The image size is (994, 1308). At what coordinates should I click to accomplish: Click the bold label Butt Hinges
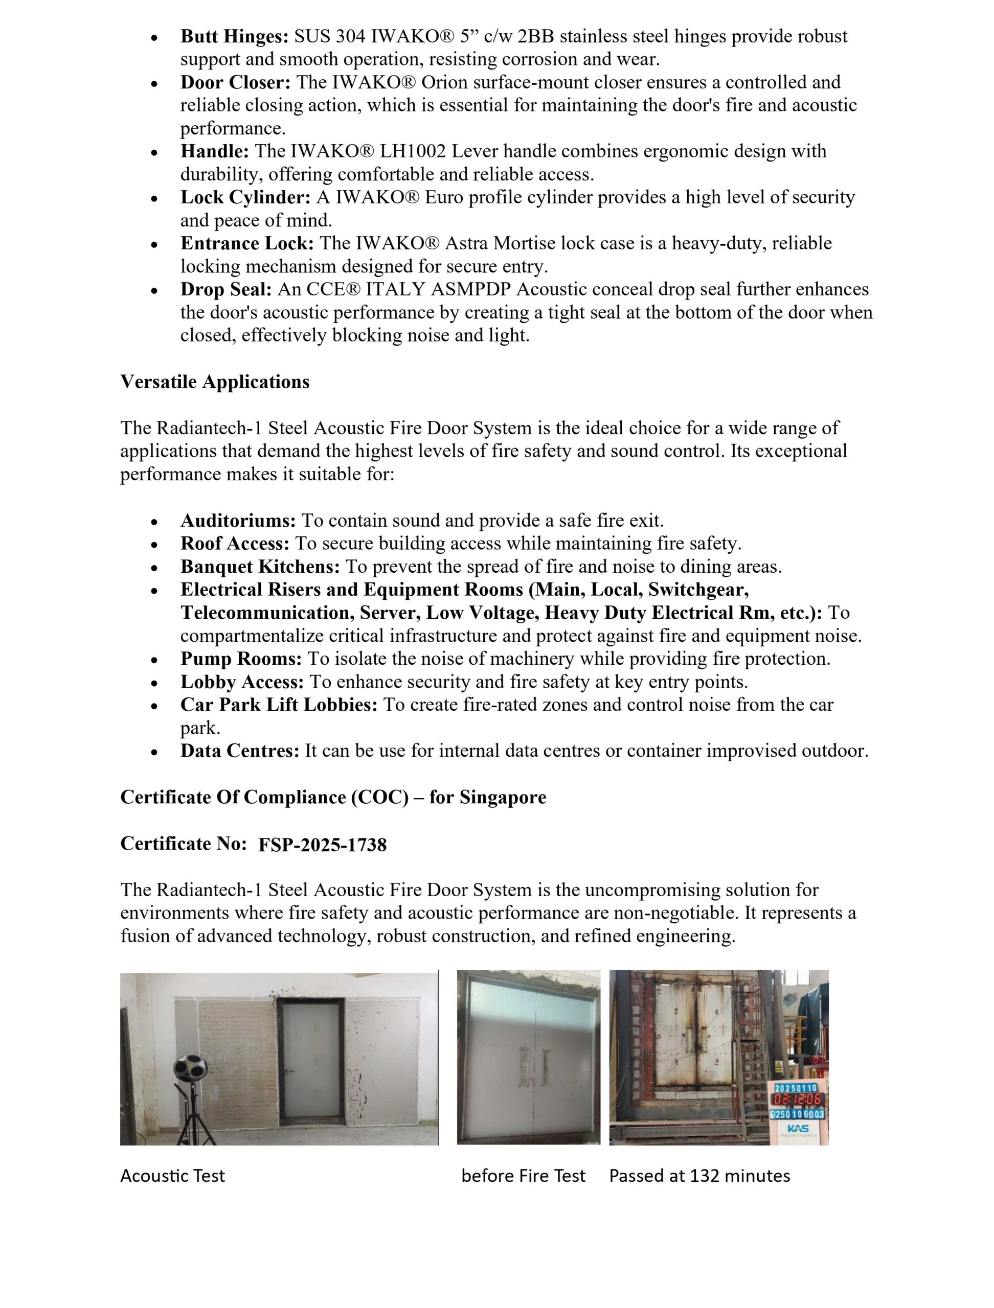click(x=234, y=37)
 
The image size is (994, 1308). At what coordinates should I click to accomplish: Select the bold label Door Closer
click(x=235, y=82)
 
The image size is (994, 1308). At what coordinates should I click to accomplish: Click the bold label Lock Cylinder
click(x=245, y=198)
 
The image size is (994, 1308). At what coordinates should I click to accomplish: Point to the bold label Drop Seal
click(x=225, y=290)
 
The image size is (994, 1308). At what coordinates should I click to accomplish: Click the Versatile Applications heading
click(x=215, y=382)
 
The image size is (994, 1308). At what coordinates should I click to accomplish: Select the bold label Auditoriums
click(x=238, y=521)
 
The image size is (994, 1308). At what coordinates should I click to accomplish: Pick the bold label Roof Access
click(x=235, y=544)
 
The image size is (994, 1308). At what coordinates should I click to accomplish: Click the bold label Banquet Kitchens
click(x=260, y=567)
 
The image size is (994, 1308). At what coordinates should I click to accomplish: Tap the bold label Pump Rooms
click(x=241, y=659)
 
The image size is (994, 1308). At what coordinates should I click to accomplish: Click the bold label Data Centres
click(x=240, y=752)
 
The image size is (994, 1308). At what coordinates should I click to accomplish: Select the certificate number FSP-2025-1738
click(x=323, y=845)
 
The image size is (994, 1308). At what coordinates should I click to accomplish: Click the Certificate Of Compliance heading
click(x=333, y=798)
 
